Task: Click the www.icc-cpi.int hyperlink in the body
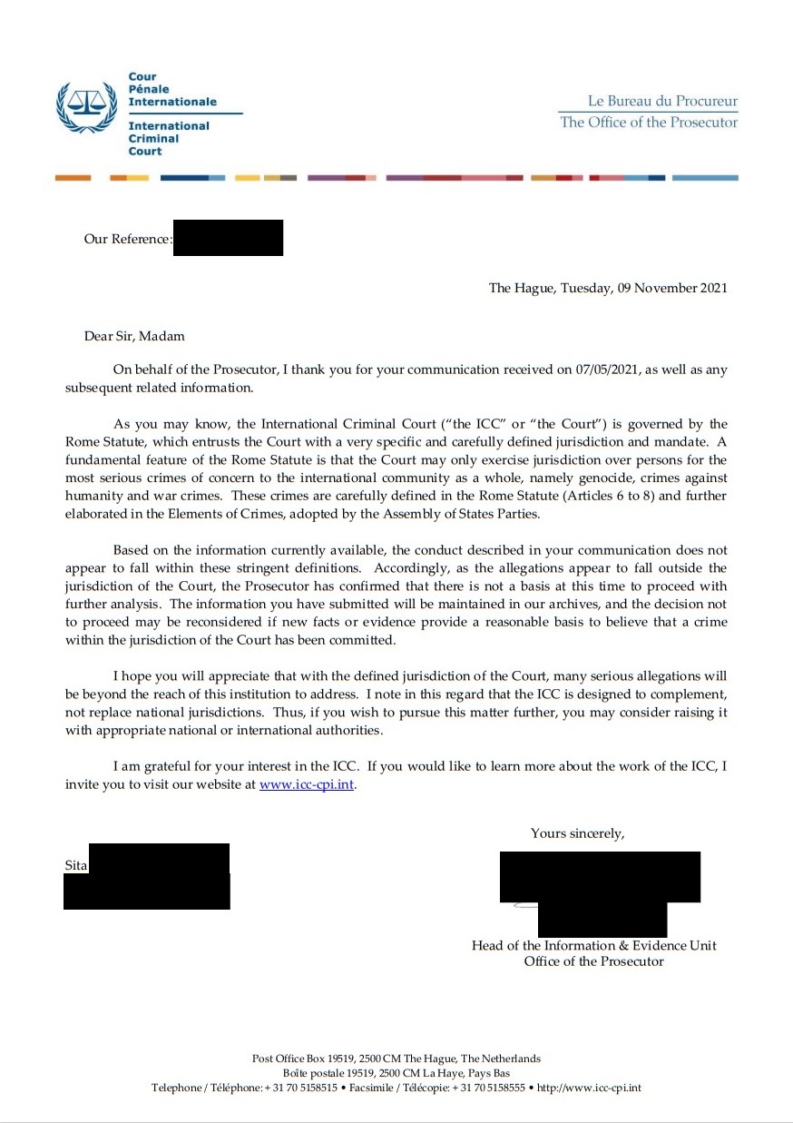click(307, 785)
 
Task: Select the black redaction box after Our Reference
click(228, 238)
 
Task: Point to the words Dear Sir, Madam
click(134, 336)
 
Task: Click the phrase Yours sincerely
click(577, 832)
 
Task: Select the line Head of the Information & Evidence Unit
click(593, 945)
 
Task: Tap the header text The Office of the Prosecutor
click(649, 123)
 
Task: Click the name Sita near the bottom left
click(75, 865)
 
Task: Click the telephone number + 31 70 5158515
click(300, 1088)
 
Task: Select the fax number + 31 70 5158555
click(488, 1088)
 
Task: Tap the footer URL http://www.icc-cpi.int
click(589, 1088)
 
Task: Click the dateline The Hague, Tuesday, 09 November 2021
click(608, 289)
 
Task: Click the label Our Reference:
click(128, 240)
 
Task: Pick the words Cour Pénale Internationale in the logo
click(171, 90)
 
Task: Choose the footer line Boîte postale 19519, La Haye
click(396, 1073)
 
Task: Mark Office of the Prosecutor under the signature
click(593, 960)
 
